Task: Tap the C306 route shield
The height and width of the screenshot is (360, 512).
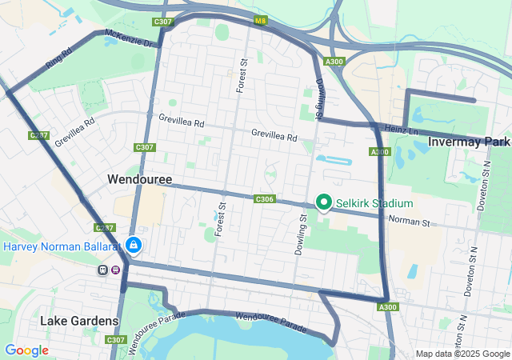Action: tap(265, 198)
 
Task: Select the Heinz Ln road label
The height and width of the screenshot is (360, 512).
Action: tap(401, 129)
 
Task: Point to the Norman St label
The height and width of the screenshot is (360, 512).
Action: tap(410, 220)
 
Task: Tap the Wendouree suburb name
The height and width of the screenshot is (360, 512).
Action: tap(140, 181)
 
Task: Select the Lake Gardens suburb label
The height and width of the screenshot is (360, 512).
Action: tap(79, 321)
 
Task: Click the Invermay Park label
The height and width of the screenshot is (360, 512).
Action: tap(469, 142)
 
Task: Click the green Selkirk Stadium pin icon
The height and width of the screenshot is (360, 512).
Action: tap(325, 202)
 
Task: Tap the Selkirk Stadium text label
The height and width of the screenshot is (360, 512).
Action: tap(374, 203)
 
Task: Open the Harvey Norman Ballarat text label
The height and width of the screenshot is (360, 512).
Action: tap(61, 246)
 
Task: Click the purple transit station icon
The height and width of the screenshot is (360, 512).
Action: tap(117, 270)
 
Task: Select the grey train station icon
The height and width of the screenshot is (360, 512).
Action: tap(103, 270)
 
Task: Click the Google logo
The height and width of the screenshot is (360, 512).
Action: tap(26, 350)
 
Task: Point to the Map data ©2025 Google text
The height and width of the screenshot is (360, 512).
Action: tap(462, 354)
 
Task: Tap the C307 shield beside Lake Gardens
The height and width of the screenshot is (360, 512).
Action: tap(115, 340)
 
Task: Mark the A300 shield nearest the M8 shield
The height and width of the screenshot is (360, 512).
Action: tap(334, 62)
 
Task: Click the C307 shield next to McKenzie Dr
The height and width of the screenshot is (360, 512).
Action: tap(162, 22)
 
